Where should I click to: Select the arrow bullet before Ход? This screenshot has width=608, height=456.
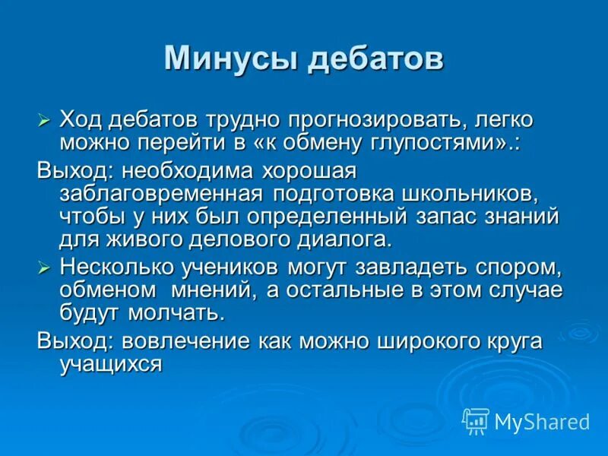pyautogui.click(x=44, y=121)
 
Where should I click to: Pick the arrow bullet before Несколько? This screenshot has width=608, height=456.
pyautogui.click(x=44, y=267)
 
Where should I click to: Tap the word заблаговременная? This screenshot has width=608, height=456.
pyautogui.click(x=161, y=193)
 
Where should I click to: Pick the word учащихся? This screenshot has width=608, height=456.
pyautogui.click(x=111, y=365)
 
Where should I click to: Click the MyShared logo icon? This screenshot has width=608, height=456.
pyautogui.click(x=476, y=420)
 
